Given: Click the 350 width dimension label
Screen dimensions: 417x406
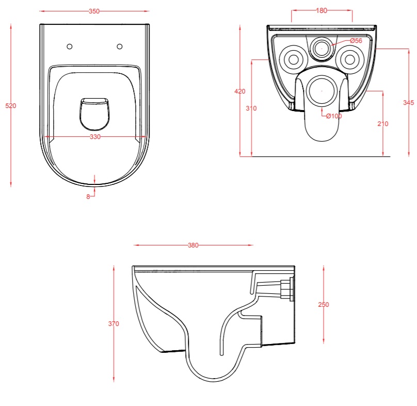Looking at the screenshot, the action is (x=94, y=11).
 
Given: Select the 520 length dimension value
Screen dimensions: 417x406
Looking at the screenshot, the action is (x=11, y=106).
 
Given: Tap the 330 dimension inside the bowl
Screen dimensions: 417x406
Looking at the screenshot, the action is (x=95, y=137).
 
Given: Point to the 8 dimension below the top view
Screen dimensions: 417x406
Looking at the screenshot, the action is (x=88, y=197).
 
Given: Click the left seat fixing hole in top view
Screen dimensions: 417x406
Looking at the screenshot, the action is (x=69, y=46).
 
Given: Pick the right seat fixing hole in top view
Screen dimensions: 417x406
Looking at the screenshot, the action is (x=120, y=46).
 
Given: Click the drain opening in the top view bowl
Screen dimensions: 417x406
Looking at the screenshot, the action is (x=94, y=114).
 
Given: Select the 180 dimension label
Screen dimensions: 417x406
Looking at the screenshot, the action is (x=322, y=11).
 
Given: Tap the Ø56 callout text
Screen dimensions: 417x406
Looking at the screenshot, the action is (x=356, y=41).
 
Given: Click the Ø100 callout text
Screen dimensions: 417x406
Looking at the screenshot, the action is (x=334, y=116).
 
